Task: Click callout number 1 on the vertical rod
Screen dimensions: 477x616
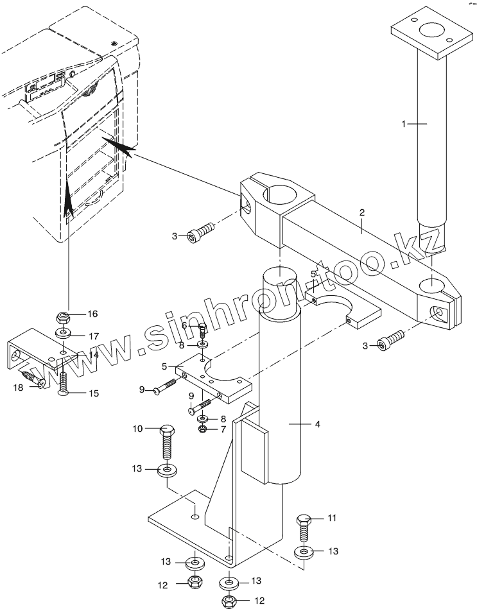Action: [403, 124]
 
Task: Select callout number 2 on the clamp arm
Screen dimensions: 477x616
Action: [362, 212]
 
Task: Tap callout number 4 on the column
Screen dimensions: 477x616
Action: [318, 424]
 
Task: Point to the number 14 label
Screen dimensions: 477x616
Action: [93, 355]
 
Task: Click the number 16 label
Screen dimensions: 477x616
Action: [92, 314]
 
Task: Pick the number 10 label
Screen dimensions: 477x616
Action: [137, 429]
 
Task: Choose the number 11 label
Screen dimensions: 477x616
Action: [332, 518]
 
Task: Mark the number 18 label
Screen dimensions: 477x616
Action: [18, 388]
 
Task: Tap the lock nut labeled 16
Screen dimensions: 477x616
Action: [63, 316]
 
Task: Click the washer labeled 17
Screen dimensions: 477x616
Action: [62, 334]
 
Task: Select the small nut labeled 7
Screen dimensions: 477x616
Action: [203, 429]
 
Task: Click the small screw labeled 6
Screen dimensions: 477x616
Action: [202, 329]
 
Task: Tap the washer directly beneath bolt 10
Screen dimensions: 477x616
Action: [167, 470]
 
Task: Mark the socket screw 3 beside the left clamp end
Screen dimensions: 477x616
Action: [200, 232]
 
